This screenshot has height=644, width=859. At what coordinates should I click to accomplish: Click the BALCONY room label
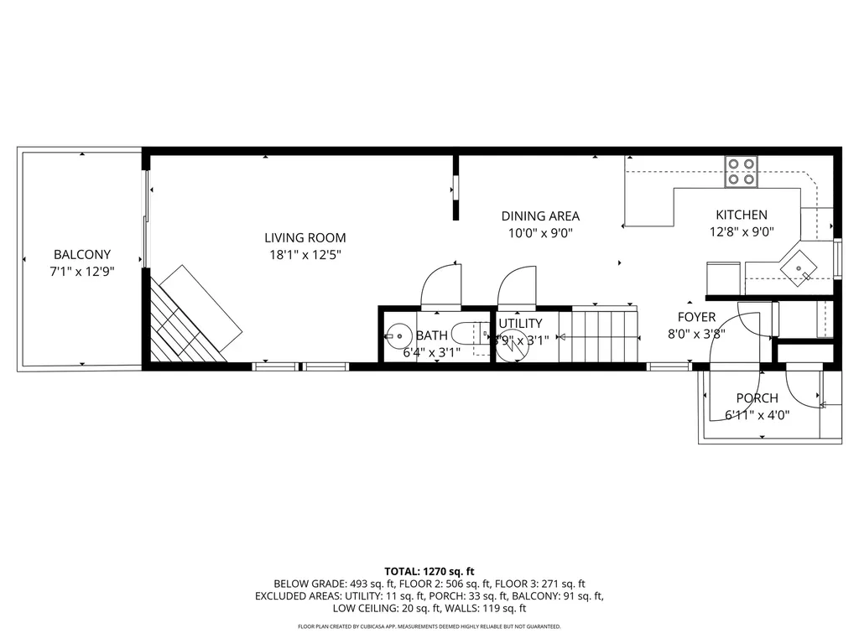tap(82, 255)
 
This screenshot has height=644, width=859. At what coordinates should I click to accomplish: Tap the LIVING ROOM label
tap(305, 238)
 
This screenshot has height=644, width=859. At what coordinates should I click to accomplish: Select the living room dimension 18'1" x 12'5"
tap(305, 254)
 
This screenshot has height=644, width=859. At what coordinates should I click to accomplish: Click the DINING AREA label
tap(540, 216)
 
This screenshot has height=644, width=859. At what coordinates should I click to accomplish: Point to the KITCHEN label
tap(741, 216)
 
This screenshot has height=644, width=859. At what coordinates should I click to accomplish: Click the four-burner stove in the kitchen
tap(742, 172)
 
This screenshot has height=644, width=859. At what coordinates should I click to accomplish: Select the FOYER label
tap(696, 317)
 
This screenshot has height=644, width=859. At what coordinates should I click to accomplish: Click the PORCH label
tap(757, 398)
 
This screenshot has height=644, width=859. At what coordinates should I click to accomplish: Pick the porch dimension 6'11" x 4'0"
tap(757, 414)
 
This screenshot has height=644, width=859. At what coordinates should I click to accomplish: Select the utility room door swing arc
tap(517, 285)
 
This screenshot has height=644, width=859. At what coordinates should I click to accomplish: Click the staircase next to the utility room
tap(598, 335)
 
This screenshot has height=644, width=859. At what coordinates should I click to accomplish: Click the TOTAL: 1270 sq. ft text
tap(429, 570)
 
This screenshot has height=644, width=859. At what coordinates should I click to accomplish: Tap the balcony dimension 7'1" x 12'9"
tap(82, 271)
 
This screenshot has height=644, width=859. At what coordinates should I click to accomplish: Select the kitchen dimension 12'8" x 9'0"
tap(741, 232)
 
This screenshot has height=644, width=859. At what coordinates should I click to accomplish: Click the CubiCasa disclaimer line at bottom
tap(429, 626)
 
